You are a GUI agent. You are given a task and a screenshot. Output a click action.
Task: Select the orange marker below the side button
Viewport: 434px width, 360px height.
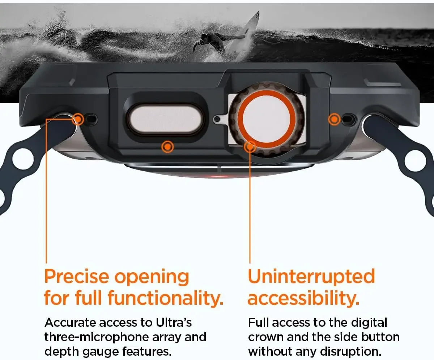(x=167, y=146)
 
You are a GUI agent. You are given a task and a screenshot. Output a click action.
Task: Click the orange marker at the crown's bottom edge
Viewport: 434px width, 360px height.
(x=250, y=146)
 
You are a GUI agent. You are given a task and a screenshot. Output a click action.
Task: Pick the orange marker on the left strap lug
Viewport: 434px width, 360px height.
(x=78, y=118)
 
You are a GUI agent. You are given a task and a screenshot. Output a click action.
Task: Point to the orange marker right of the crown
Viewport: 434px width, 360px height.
(x=335, y=119)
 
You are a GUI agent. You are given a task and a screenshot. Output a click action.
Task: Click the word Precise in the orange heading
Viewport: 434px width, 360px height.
(x=76, y=277)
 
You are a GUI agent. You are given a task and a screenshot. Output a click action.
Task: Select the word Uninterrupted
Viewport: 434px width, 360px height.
(x=311, y=277)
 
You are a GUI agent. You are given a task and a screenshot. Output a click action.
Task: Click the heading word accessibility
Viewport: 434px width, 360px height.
(x=303, y=299)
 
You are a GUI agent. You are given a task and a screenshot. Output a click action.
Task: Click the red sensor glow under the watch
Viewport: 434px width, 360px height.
(x=218, y=176)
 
